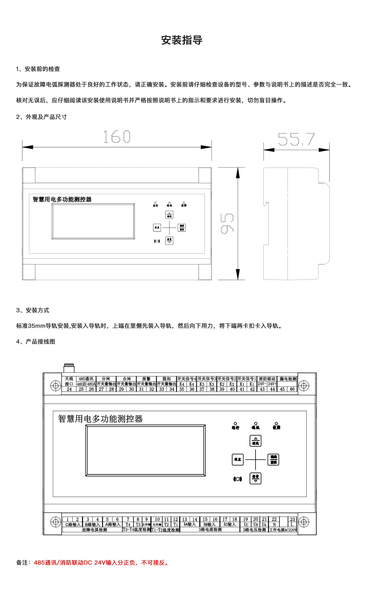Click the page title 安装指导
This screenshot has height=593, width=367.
182,40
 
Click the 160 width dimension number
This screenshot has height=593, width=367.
117,137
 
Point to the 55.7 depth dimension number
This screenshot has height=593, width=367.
296,139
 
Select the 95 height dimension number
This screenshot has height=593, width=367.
227,224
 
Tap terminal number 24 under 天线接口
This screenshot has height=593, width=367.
69,389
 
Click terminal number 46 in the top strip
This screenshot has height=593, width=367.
292,389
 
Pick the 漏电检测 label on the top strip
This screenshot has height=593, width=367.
288,379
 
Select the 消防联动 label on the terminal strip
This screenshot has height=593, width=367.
267,379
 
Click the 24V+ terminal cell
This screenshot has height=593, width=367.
272,384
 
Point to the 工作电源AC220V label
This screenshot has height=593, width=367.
283,530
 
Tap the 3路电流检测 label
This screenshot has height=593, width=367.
210,529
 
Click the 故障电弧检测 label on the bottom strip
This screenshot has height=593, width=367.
95,530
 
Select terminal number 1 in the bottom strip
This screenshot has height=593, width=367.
67,519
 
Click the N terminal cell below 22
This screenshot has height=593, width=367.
274,524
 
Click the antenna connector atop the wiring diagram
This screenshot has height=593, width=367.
69,368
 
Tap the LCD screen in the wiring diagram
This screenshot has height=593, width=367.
145,450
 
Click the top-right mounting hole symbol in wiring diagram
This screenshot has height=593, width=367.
304,386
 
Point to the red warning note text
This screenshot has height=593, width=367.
102,563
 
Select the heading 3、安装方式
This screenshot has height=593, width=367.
33,310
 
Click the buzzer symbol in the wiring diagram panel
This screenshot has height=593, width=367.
237,479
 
